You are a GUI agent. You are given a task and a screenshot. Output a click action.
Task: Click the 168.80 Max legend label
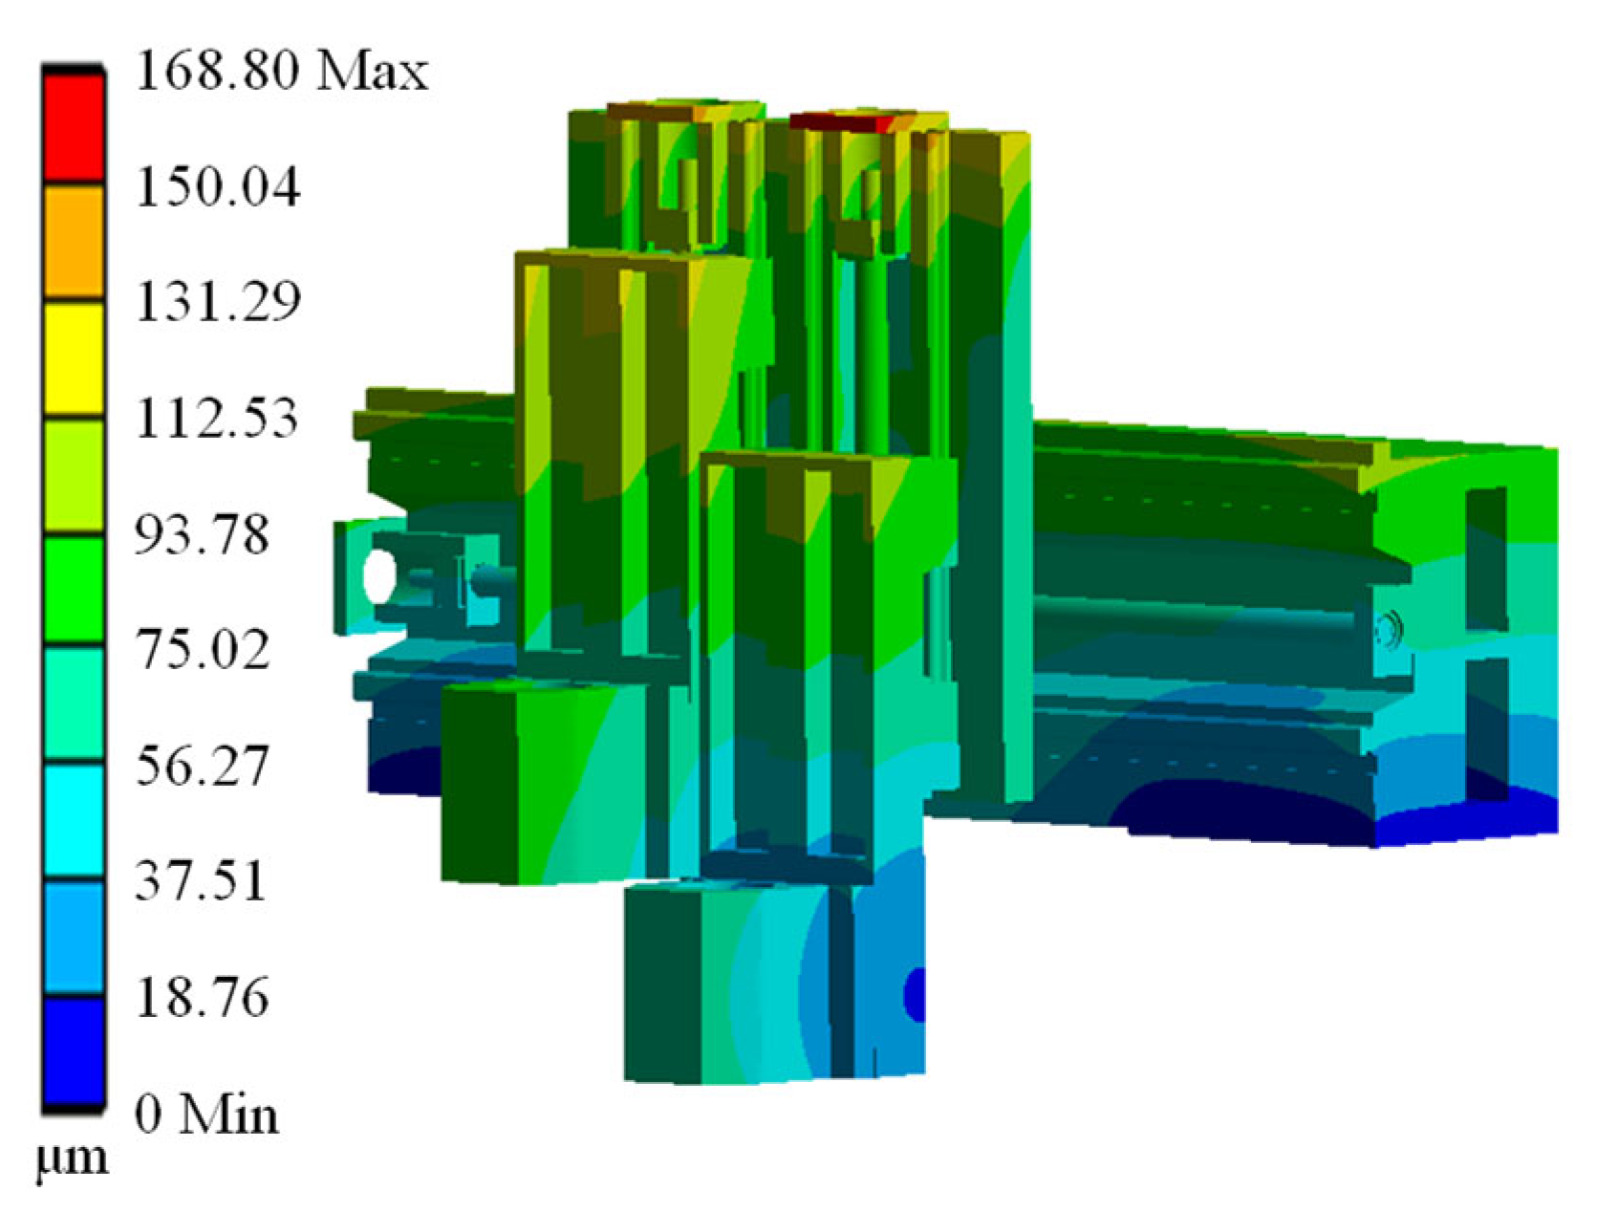(x=282, y=72)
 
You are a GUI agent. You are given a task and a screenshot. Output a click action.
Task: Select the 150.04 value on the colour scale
(x=218, y=186)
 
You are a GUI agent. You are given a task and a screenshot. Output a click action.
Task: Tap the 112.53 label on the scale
(x=217, y=419)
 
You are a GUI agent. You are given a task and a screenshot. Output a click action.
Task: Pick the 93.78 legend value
(x=203, y=534)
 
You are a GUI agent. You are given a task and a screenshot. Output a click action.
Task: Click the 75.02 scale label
(x=203, y=649)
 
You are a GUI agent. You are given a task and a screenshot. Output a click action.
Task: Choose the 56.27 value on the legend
(x=203, y=766)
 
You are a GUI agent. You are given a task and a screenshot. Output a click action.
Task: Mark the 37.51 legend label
(x=201, y=881)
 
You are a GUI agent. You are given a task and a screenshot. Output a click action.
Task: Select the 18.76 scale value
(x=203, y=997)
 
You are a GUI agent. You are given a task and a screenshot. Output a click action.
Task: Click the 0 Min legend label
(x=206, y=1114)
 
